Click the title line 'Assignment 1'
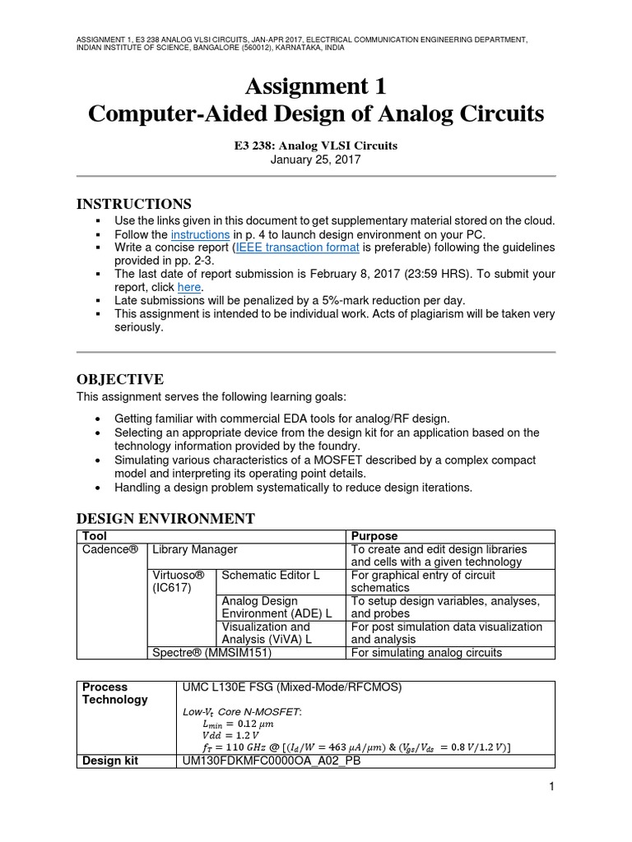pyautogui.click(x=316, y=86)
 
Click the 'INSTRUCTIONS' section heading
pyautogui.click(x=134, y=203)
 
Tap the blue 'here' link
pyautogui.click(x=189, y=287)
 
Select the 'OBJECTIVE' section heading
pyautogui.click(x=120, y=379)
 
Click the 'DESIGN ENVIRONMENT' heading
pyautogui.click(x=165, y=518)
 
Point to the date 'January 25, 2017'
pyautogui.click(x=316, y=160)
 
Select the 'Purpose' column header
pyautogui.click(x=374, y=535)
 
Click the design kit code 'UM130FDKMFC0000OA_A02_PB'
pyautogui.click(x=272, y=761)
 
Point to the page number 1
pyautogui.click(x=551, y=787)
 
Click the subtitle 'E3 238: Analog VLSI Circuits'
pyautogui.click(x=316, y=146)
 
